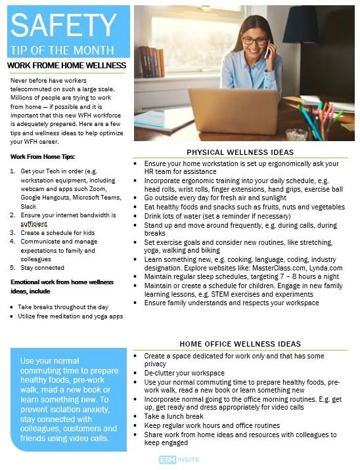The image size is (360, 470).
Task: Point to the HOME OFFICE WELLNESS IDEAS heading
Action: coord(240,343)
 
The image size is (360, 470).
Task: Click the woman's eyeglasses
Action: coord(258,41)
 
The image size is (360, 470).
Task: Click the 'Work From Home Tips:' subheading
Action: coord(43,156)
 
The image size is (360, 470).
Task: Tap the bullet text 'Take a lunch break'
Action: coord(174,416)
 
